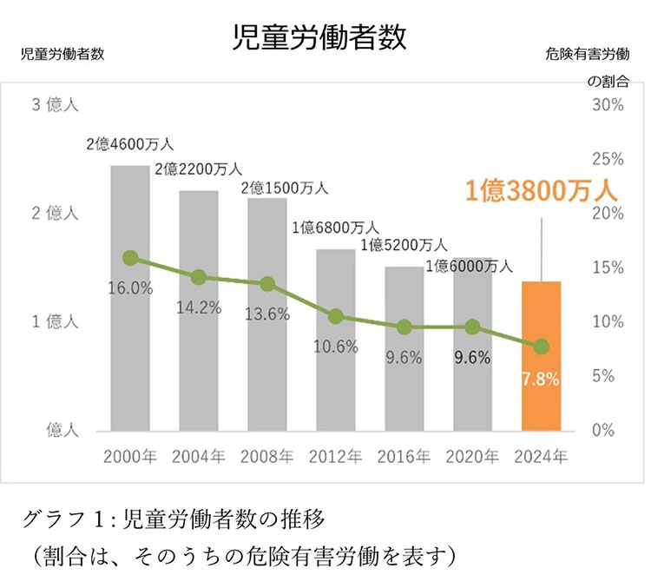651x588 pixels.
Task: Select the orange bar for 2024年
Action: (541, 356)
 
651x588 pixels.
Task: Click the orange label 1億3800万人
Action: (540, 190)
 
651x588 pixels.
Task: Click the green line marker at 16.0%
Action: (130, 257)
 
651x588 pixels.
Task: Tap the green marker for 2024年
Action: (541, 346)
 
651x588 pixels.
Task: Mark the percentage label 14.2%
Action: (199, 306)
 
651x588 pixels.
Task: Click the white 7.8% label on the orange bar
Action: (541, 379)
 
